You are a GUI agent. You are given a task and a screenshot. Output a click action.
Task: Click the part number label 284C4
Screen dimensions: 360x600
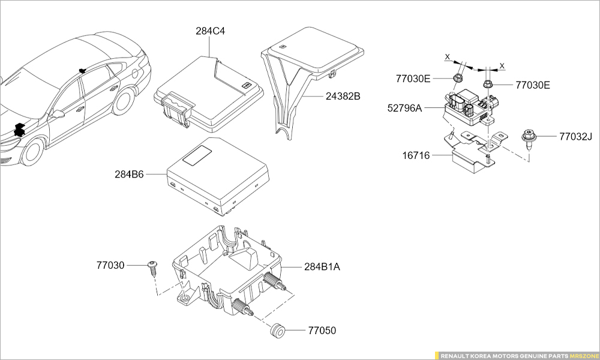tap(210, 31)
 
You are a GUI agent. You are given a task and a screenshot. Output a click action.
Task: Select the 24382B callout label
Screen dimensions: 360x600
tap(343, 95)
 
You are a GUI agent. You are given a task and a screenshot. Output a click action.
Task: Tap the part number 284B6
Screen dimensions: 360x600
tap(129, 175)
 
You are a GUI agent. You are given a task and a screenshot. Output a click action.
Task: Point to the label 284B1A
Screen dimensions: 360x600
tap(322, 266)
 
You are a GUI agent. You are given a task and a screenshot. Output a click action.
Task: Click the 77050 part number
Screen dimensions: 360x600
tap(322, 331)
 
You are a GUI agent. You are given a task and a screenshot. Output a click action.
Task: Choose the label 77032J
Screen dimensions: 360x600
tap(575, 137)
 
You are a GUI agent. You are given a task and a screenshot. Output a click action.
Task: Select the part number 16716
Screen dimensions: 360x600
tap(416, 155)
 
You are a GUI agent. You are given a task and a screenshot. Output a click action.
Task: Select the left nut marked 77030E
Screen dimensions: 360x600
tap(458, 79)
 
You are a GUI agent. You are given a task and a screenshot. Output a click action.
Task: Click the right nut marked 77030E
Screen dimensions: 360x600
tap(488, 84)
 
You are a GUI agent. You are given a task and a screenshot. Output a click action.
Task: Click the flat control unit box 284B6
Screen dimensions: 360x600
tap(216, 177)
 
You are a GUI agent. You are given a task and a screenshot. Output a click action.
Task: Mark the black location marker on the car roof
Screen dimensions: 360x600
tap(80, 70)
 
